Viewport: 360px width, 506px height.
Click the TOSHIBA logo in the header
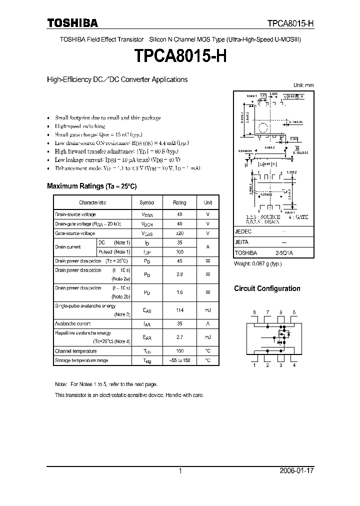coord(72,23)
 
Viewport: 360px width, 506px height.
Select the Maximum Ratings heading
coord(91,186)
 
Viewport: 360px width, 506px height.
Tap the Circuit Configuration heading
coord(267,288)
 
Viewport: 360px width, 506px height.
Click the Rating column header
coord(179,202)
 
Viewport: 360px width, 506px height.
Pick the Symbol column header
coord(147,202)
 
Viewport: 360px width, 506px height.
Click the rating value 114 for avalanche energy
coord(179,310)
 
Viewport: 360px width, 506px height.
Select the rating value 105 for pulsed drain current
coord(179,252)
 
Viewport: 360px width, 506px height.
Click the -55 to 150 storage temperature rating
coord(179,360)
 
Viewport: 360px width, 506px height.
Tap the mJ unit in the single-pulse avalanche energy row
coord(207,310)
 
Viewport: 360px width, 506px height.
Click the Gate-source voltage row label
coord(75,233)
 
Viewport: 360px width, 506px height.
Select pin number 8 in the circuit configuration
coord(254,312)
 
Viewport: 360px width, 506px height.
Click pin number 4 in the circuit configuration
coord(294,365)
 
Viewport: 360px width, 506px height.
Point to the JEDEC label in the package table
coord(243,232)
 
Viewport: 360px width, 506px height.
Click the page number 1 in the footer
coord(180,471)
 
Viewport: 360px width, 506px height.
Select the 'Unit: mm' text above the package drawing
coord(302,85)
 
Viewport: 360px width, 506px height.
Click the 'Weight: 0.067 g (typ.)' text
coord(258,263)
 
